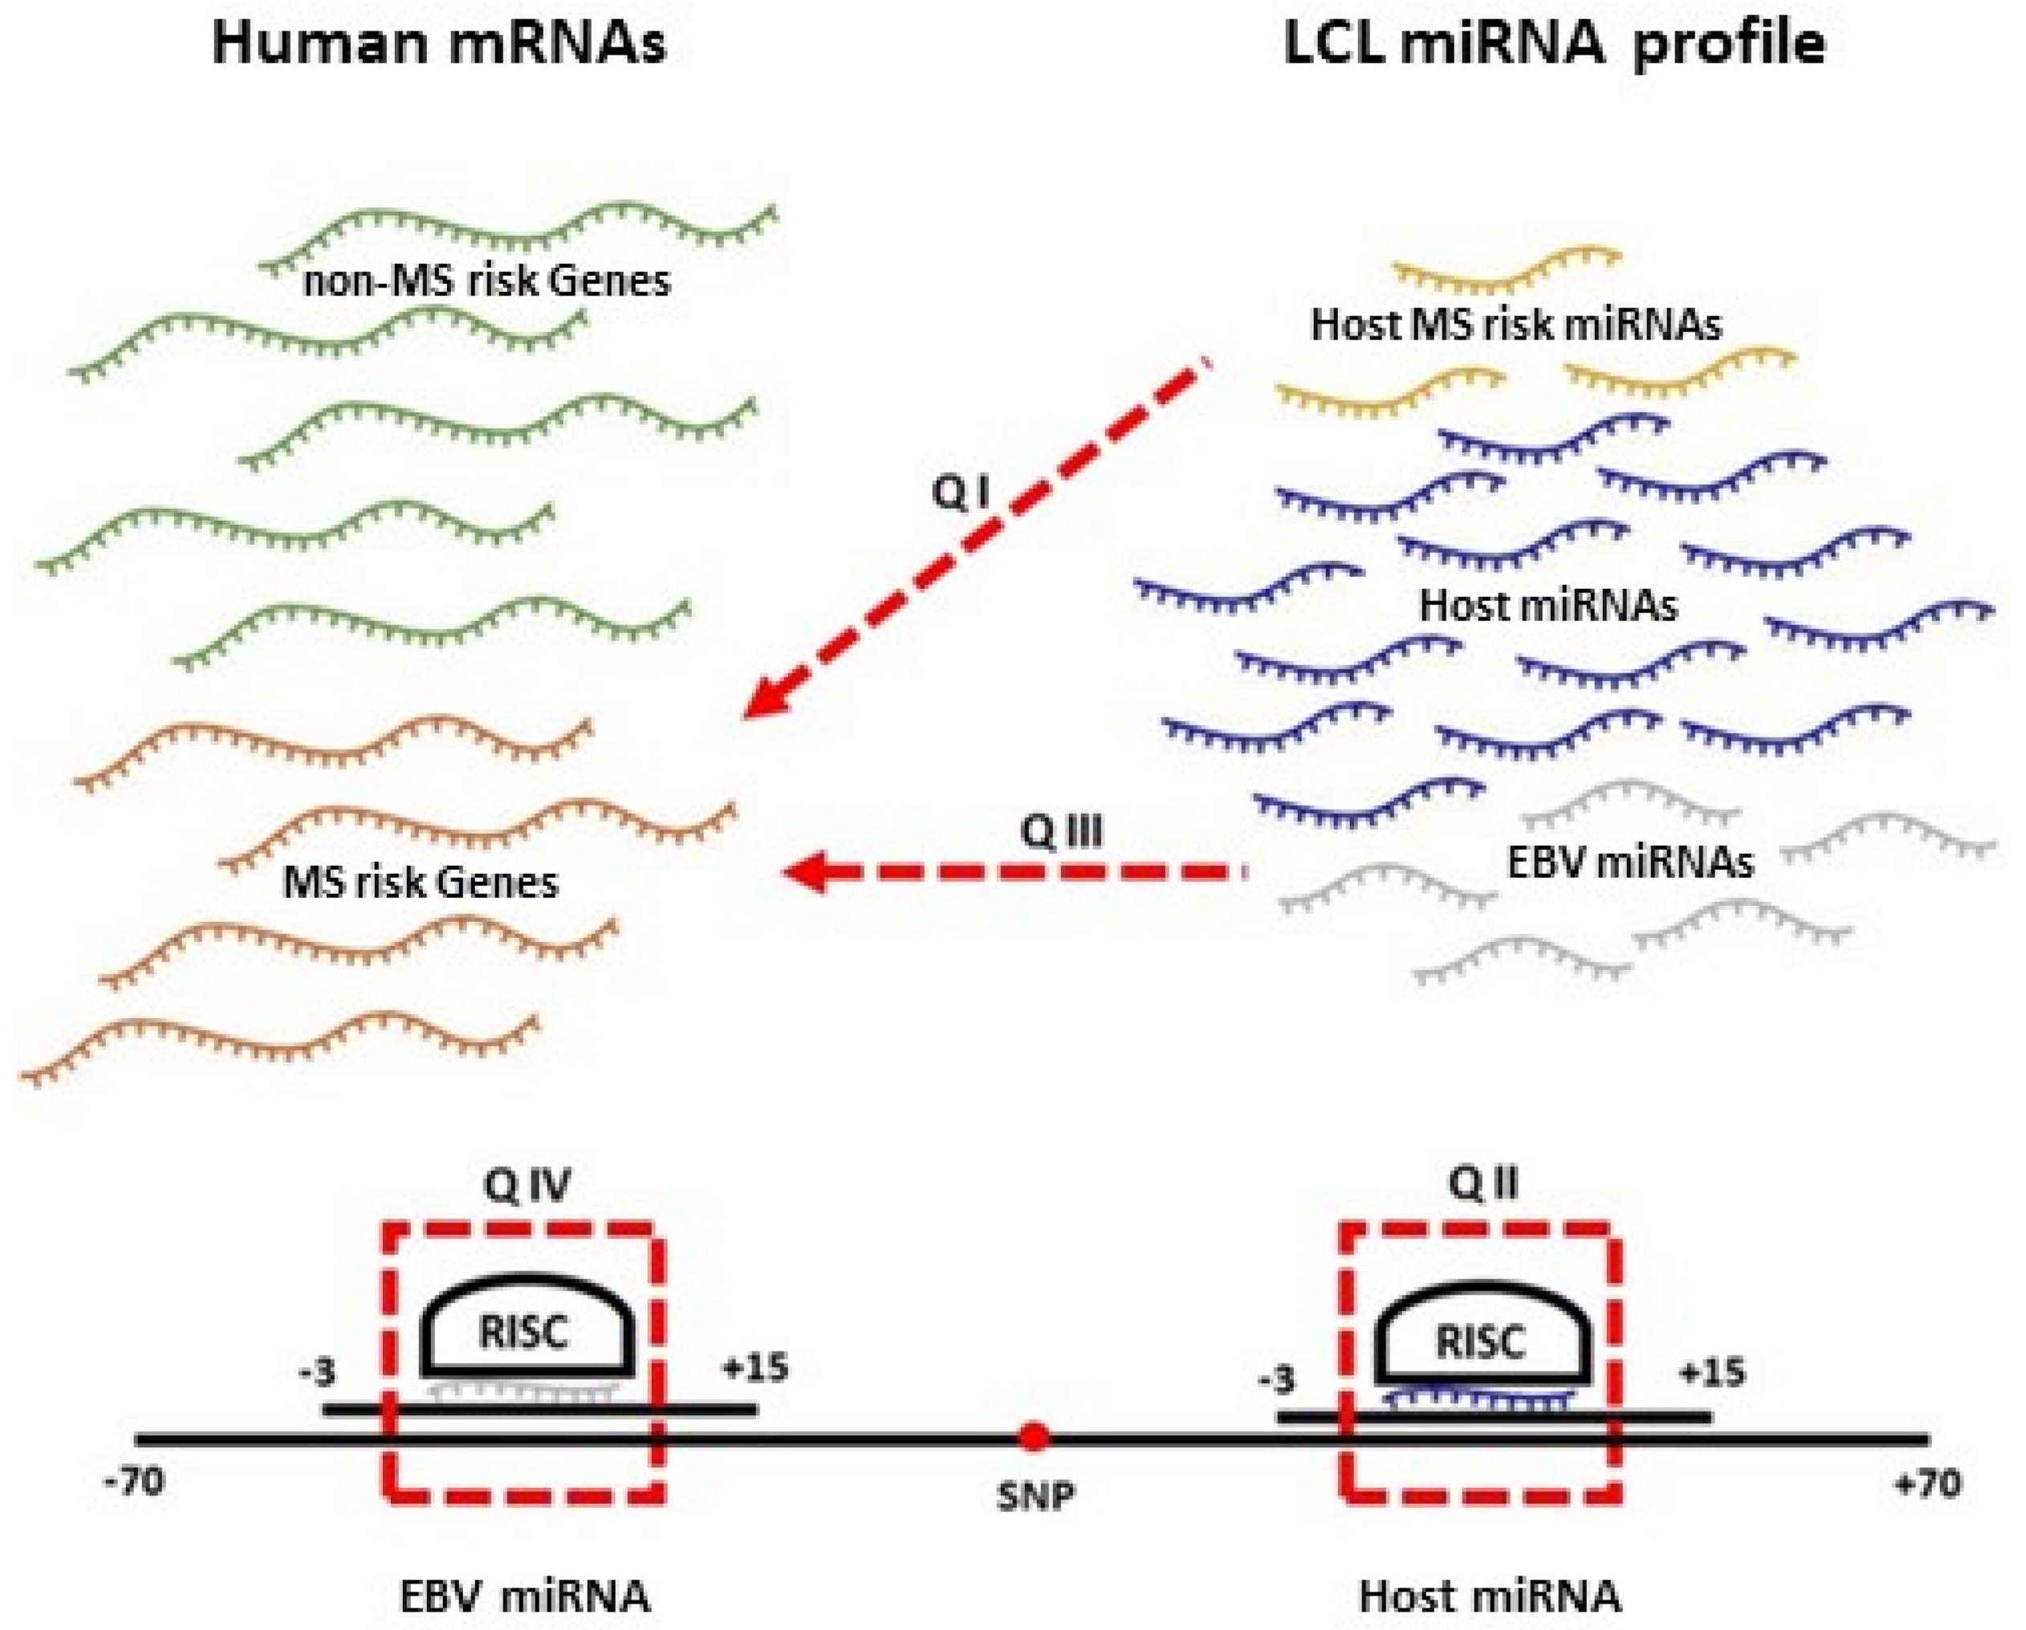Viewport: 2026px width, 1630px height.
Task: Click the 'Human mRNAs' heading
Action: click(439, 44)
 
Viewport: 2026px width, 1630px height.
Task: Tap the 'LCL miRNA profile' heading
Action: click(1554, 44)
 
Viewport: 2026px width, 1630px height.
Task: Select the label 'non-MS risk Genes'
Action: click(486, 281)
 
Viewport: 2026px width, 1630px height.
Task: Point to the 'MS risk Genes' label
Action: click(421, 882)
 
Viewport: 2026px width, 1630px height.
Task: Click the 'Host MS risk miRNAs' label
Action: click(1515, 325)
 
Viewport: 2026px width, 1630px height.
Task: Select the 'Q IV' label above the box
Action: click(527, 1186)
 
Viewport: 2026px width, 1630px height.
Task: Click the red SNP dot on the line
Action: click(1034, 1437)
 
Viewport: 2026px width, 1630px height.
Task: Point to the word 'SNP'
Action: click(1035, 1496)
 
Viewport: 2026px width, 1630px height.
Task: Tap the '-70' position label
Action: click(137, 1482)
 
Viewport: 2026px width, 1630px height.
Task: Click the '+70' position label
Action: click(1928, 1485)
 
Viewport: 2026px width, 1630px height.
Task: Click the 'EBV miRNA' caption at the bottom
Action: click(524, 1597)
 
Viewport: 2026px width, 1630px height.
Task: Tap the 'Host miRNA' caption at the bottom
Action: click(1491, 1597)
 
